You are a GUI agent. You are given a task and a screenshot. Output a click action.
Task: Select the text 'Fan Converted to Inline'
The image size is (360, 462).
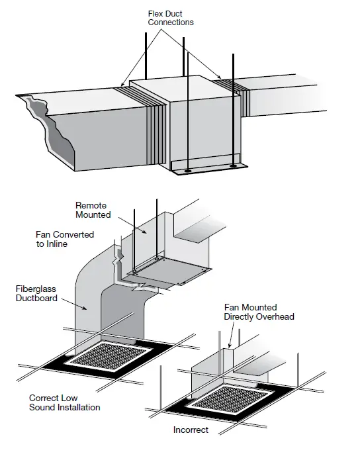click(x=65, y=239)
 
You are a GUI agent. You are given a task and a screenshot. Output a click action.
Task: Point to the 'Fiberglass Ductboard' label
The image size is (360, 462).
click(x=37, y=293)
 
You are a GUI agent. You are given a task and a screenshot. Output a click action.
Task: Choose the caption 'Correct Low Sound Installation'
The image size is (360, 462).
click(x=64, y=402)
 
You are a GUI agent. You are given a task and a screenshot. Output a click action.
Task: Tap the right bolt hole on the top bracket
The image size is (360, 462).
click(x=233, y=165)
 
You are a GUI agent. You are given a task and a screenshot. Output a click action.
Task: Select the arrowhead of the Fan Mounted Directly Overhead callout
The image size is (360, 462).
click(x=230, y=348)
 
